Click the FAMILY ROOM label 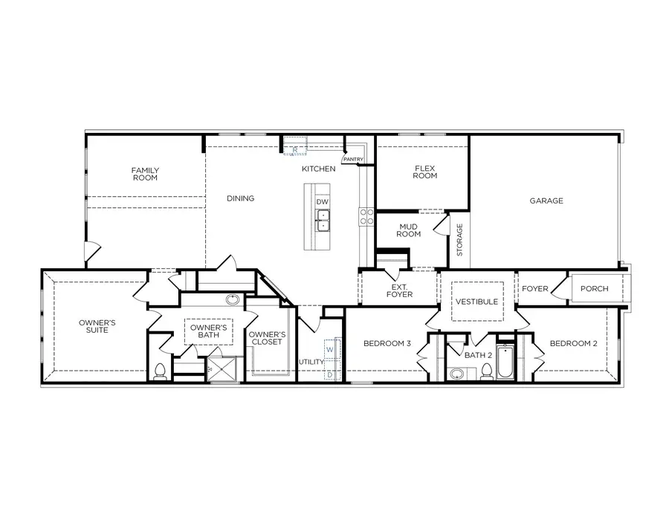[x=146, y=175]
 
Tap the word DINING [x=240, y=198]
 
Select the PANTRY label [x=352, y=159]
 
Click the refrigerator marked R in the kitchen [x=295, y=149]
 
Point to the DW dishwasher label [x=322, y=202]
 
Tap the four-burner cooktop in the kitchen [x=366, y=216]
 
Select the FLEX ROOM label [x=425, y=172]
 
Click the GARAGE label [x=546, y=201]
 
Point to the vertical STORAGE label [x=459, y=240]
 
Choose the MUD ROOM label [x=410, y=230]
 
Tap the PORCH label [x=594, y=289]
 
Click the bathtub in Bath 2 [x=506, y=362]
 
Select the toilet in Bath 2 [x=486, y=371]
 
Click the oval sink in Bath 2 [x=456, y=374]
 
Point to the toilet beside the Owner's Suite [x=160, y=371]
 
